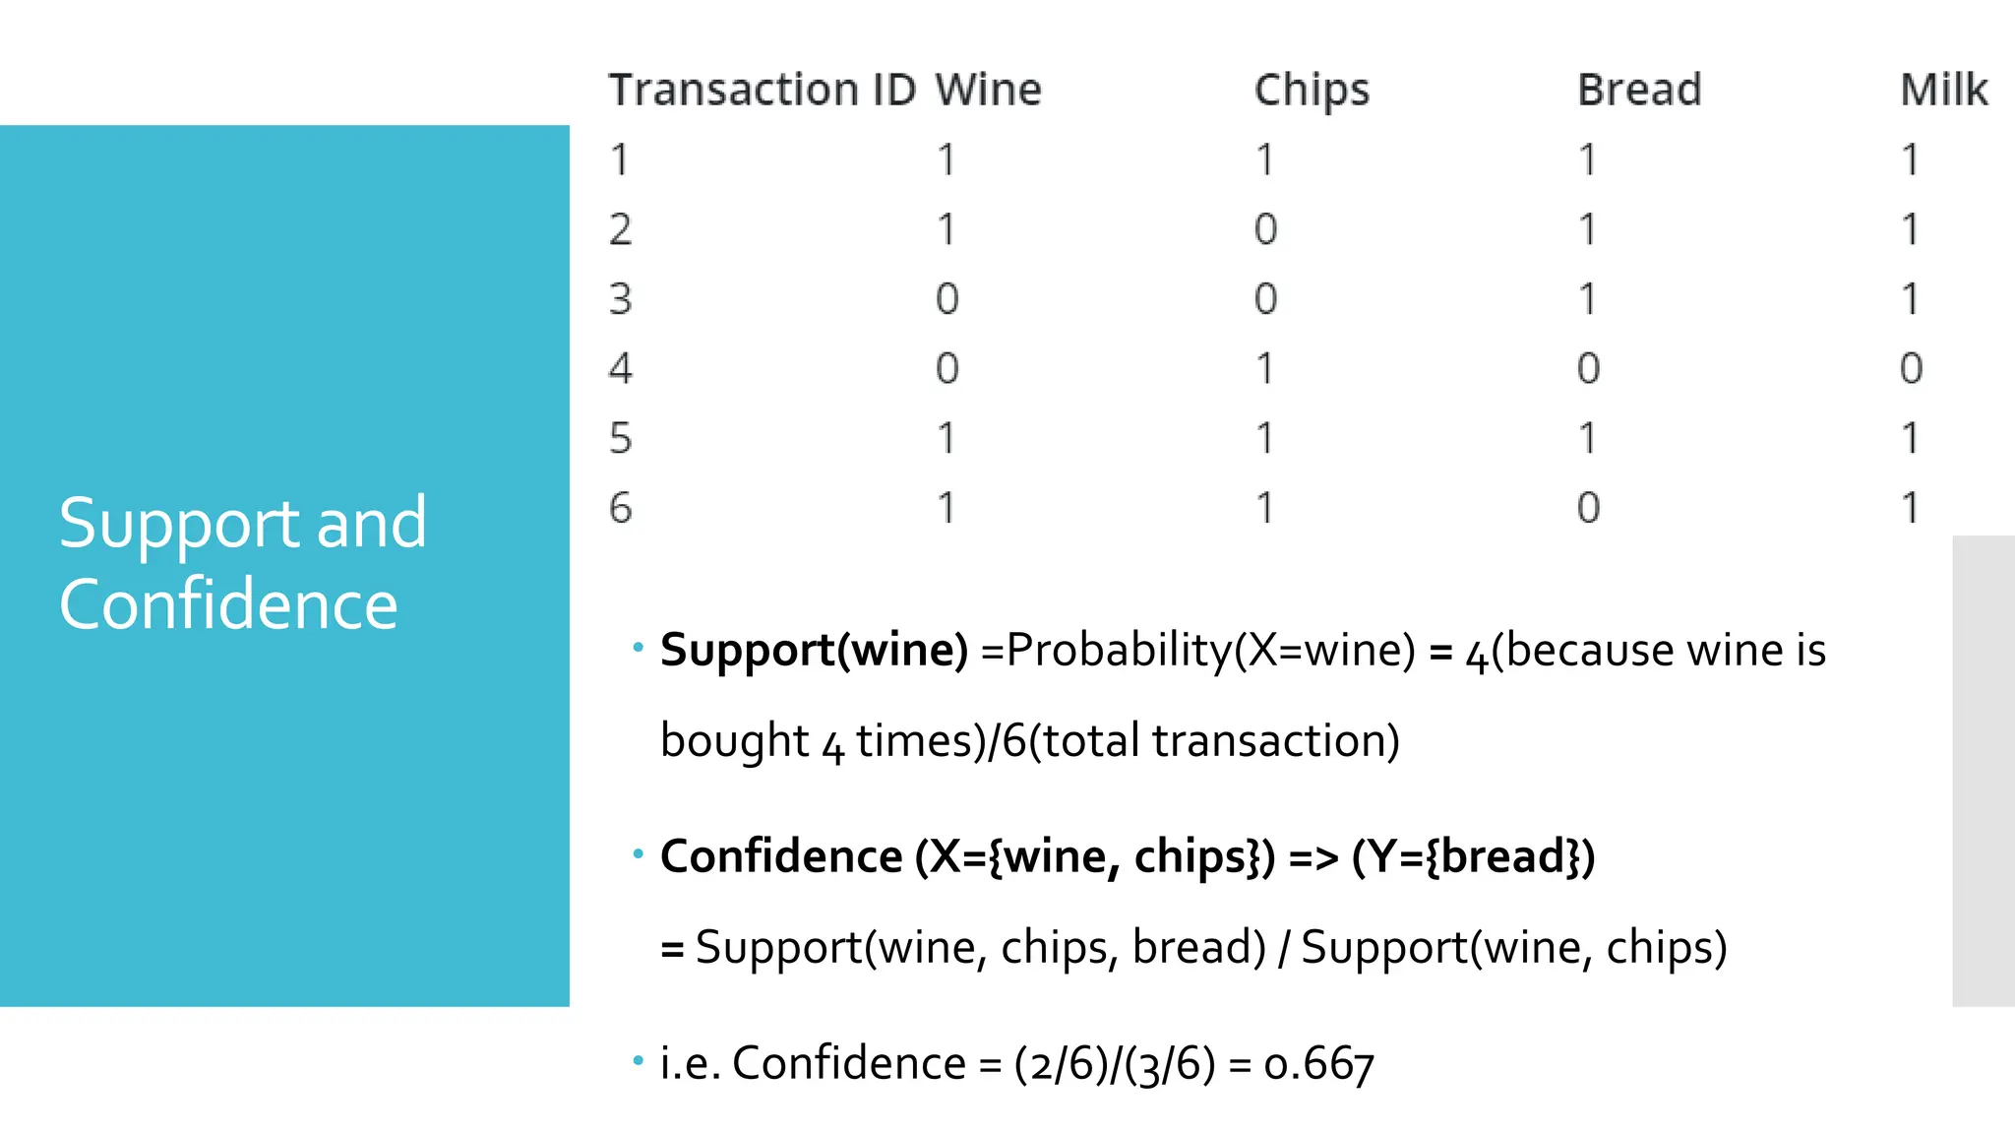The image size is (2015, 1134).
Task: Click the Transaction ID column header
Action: (762, 91)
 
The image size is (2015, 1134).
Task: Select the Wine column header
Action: (988, 91)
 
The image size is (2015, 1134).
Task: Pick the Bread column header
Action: (1639, 91)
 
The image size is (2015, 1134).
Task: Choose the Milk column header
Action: (1943, 91)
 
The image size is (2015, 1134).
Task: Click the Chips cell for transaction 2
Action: (1265, 229)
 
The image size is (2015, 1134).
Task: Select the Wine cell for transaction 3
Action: (946, 299)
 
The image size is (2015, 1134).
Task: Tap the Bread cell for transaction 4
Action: (1588, 369)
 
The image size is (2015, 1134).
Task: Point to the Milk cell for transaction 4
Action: (1911, 369)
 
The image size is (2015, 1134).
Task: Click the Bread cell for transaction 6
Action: (1588, 508)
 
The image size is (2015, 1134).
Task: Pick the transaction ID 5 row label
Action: (620, 438)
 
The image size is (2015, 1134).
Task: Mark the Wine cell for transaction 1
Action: (946, 159)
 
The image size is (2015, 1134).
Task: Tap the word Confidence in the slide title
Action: (228, 604)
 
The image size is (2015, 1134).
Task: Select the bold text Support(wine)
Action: (814, 651)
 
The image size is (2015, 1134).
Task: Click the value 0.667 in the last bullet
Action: (1319, 1064)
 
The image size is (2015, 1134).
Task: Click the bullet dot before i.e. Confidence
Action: (638, 1060)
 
